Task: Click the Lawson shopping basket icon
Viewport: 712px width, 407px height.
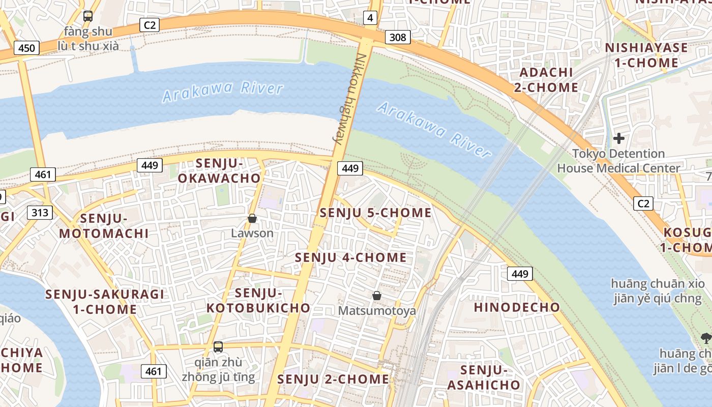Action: click(252, 218)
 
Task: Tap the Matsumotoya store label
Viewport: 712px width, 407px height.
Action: click(377, 310)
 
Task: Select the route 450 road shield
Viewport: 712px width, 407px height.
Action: click(26, 48)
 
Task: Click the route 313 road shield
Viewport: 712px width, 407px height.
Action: click(40, 212)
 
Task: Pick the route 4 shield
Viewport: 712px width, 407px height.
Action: click(370, 19)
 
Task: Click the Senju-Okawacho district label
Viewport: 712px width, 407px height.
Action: click(219, 171)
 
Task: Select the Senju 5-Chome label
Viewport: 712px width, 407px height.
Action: click(375, 213)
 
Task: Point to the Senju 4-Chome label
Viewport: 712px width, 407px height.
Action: click(351, 257)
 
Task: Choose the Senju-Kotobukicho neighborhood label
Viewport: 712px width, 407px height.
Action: click(258, 300)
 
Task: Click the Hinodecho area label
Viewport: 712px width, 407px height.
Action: click(517, 307)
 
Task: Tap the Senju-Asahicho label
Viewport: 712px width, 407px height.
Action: click(484, 377)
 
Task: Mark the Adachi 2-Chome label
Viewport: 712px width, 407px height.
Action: click(546, 80)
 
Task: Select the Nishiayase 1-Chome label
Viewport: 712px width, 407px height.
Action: click(646, 55)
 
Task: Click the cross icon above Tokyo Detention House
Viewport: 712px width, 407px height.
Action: click(618, 138)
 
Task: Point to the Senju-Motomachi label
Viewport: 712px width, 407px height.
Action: click(104, 226)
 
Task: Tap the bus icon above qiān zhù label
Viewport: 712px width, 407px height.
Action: click(218, 347)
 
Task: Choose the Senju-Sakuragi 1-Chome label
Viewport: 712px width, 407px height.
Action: click(105, 301)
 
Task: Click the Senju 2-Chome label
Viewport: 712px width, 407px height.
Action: click(333, 379)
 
